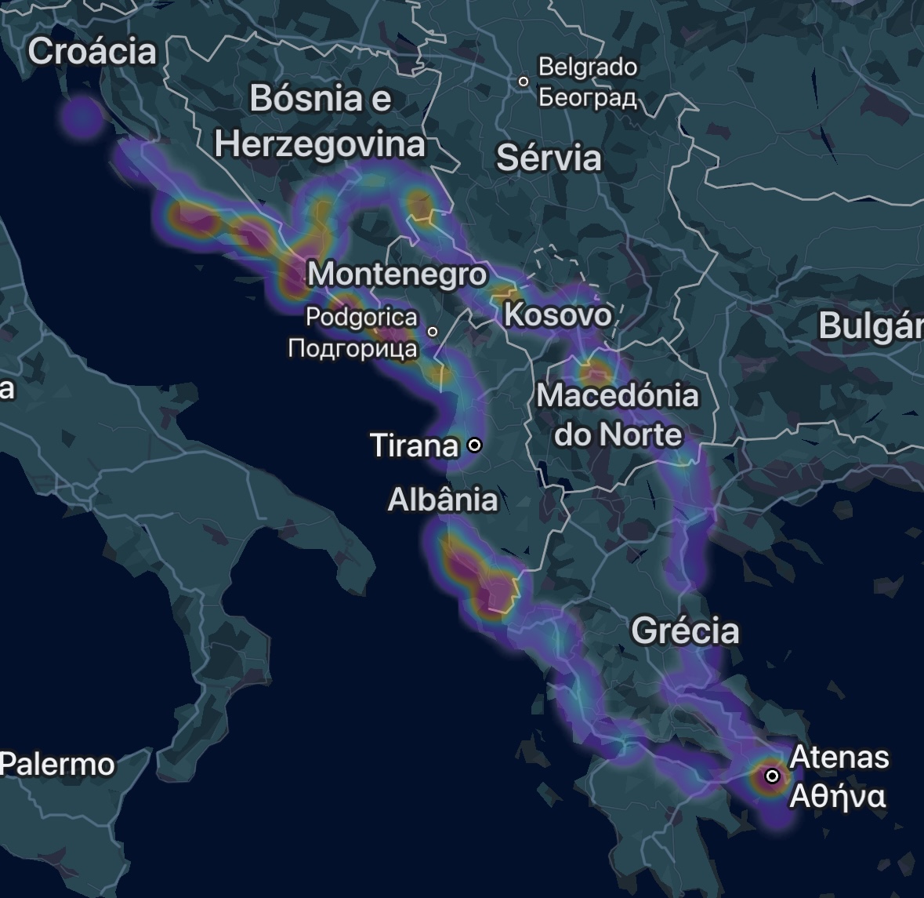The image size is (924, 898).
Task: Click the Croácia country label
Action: [x=92, y=52]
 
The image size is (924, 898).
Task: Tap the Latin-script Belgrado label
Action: [x=588, y=67]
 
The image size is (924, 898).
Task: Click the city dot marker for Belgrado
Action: [x=524, y=81]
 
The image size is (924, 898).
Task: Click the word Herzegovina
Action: [x=320, y=144]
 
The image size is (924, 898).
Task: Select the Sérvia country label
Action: [x=549, y=158]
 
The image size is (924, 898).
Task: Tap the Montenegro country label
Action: [x=397, y=274]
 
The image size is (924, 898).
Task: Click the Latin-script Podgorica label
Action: [x=361, y=318]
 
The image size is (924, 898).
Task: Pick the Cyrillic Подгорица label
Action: [x=353, y=347]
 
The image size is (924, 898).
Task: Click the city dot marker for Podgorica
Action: [x=432, y=332]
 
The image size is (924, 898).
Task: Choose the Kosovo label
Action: [x=557, y=314]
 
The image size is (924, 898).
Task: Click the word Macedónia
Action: [x=618, y=395]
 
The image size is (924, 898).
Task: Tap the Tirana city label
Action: [x=414, y=445]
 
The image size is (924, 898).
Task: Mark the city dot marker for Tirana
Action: [x=474, y=445]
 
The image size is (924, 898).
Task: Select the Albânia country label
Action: [x=443, y=500]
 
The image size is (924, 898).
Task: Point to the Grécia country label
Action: [x=685, y=631]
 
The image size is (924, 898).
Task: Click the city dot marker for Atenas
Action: [x=772, y=776]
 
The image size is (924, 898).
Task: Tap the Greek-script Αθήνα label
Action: [x=838, y=796]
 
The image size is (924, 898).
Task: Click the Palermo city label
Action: [x=57, y=764]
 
